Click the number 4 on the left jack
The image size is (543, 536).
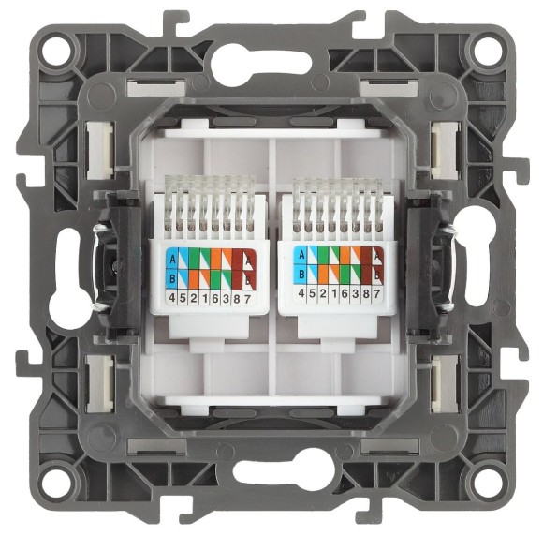pos(172,297)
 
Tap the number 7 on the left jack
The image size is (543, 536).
pos(249,297)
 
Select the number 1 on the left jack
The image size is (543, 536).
pos(205,297)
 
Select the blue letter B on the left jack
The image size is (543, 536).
pos(172,276)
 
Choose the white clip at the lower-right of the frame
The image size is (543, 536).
pos(439,383)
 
